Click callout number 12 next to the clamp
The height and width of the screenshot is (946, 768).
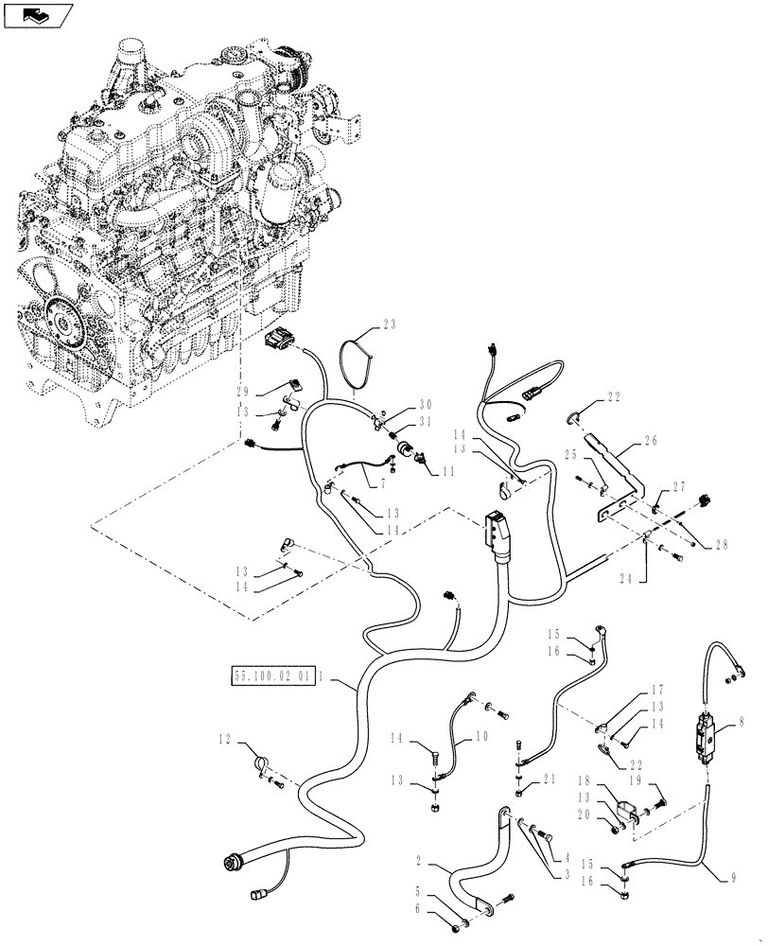click(x=223, y=739)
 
